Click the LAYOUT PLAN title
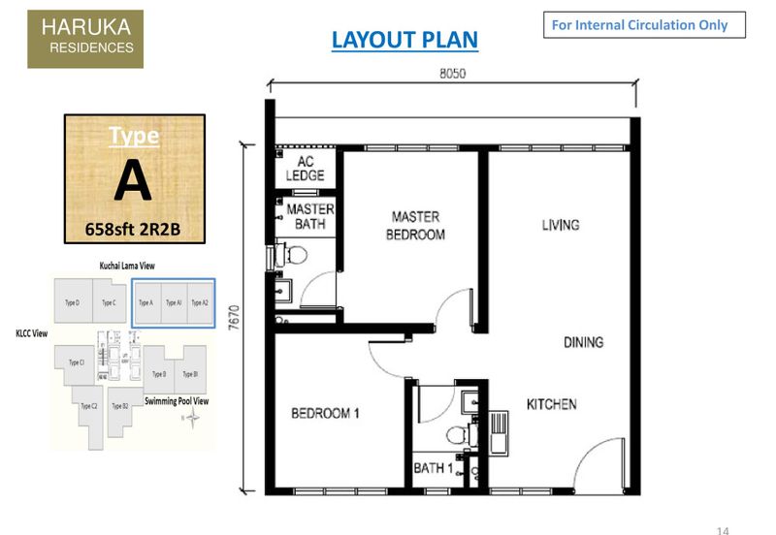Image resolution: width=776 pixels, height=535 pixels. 404,40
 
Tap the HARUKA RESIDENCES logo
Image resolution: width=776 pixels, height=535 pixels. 85,39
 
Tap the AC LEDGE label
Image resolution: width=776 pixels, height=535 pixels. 305,169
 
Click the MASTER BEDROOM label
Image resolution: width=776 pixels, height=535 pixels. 415,226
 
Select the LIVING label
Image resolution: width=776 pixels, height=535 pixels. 561,225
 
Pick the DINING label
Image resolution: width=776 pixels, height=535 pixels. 582,342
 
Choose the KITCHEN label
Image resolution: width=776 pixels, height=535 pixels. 551,404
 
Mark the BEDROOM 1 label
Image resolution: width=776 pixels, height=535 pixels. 326,414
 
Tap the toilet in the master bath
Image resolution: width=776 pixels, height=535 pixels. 296,255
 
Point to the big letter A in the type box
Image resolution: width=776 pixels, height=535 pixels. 133,180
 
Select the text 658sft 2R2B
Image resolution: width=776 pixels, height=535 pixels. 133,230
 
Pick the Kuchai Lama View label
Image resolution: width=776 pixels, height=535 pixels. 126,265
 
